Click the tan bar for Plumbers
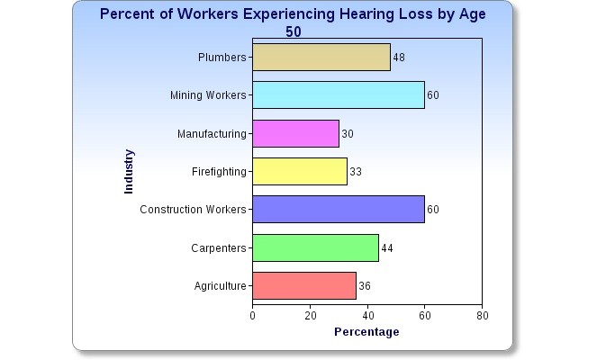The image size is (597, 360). click(x=321, y=57)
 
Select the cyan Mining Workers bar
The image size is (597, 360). click(x=339, y=94)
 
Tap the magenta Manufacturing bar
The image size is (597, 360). click(x=296, y=133)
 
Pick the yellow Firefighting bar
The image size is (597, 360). click(x=300, y=171)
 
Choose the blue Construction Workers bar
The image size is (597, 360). click(x=339, y=210)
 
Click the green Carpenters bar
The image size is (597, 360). click(x=316, y=247)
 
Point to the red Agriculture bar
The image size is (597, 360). click(x=304, y=285)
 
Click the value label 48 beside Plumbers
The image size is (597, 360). click(x=399, y=58)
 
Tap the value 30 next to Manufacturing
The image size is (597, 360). click(x=348, y=134)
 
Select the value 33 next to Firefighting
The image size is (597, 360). click(x=356, y=172)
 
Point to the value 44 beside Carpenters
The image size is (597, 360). click(x=387, y=248)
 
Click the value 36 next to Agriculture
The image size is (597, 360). click(x=365, y=286)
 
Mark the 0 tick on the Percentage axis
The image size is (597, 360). click(x=252, y=316)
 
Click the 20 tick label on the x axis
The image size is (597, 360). click(x=311, y=316)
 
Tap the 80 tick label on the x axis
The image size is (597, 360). click(x=483, y=316)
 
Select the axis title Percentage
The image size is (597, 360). click(x=366, y=332)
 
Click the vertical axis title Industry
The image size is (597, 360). click(x=129, y=172)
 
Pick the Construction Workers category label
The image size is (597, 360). click(x=193, y=210)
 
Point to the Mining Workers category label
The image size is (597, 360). click(x=208, y=95)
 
